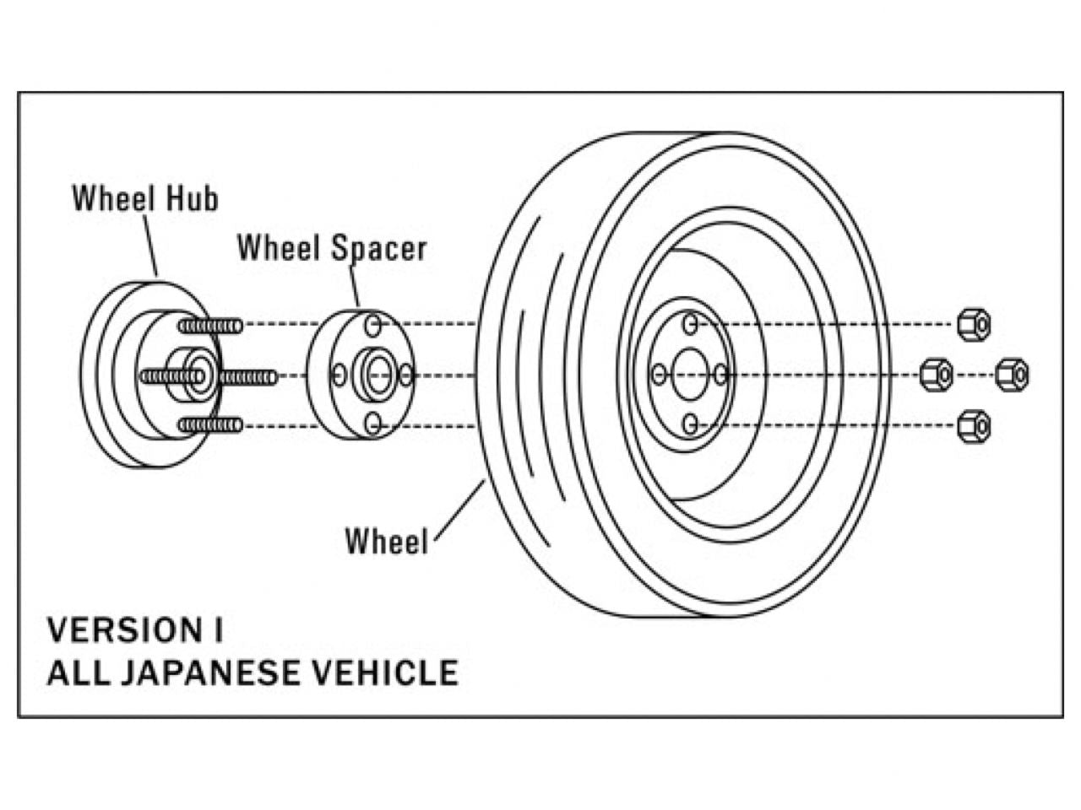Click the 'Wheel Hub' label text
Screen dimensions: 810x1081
coord(145,198)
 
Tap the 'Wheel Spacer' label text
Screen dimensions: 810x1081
coord(331,248)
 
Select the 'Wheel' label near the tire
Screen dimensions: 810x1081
coord(387,541)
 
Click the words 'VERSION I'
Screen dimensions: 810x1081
coord(135,630)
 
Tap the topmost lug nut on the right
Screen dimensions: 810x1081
coord(974,325)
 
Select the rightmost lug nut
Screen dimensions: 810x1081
coord(1012,375)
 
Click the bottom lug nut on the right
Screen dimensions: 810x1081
coord(974,426)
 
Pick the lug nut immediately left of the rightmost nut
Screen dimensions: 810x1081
coord(936,375)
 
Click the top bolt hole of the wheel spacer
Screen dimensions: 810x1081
coord(372,325)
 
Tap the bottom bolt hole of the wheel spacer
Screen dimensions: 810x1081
coord(372,424)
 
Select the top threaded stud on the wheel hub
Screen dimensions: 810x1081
coord(210,326)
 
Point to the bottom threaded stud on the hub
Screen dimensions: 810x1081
coord(210,425)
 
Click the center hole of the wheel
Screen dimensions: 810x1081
coord(690,375)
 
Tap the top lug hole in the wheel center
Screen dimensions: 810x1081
coord(690,324)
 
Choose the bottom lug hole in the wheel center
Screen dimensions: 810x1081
coord(690,424)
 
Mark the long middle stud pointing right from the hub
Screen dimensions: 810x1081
coord(248,376)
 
